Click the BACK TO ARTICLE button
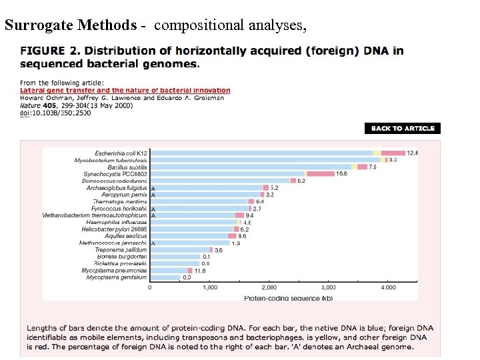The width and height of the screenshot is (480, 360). coord(403,128)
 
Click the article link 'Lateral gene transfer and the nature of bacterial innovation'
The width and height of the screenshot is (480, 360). coord(125,91)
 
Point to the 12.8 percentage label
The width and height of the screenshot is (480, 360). coord(413,153)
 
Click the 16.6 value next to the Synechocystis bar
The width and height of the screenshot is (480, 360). coord(341,174)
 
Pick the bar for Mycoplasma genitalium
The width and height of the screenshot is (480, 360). coord(165,277)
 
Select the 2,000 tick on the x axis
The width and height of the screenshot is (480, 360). coord(269,287)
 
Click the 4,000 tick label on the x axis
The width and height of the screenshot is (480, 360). coord(388,287)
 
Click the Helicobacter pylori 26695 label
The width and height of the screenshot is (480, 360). coord(114,229)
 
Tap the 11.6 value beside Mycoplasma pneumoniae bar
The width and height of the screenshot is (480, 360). coord(200,271)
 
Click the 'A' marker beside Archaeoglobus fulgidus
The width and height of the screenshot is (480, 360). coord(153,189)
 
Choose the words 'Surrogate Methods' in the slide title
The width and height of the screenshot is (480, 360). coord(70,25)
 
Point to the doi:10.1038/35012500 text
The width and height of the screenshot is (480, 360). coord(55,113)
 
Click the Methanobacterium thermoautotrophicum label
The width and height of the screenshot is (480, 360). coord(94,215)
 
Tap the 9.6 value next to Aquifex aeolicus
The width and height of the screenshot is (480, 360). coord(243,236)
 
